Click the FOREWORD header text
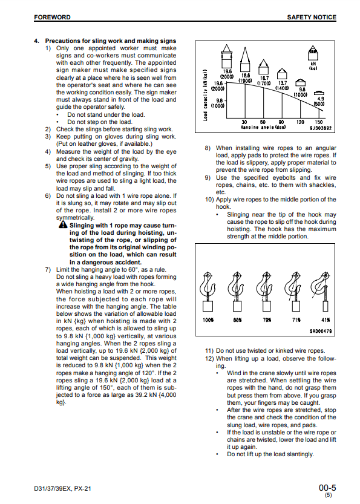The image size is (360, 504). (x=52, y=17)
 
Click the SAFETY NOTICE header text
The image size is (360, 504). (x=312, y=17)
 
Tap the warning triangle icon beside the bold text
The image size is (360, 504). (x=63, y=224)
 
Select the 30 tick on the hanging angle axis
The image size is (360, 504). (x=244, y=122)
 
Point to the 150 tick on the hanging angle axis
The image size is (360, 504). (x=318, y=122)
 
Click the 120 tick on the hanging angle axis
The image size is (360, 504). (x=300, y=122)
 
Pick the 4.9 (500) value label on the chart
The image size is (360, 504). (x=320, y=101)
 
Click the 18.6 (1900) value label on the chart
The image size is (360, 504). (x=245, y=78)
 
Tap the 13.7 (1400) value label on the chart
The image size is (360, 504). (x=282, y=85)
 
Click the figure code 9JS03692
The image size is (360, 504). (x=321, y=128)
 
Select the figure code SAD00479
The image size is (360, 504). (x=321, y=331)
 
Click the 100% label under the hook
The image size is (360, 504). (x=208, y=320)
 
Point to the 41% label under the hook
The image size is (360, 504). (x=326, y=320)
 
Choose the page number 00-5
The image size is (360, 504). (x=327, y=488)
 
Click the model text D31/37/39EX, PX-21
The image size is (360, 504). (x=62, y=489)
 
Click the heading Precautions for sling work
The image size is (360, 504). (x=111, y=41)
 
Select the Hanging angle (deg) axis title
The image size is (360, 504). (x=263, y=127)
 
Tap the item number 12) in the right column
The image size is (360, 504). (x=209, y=358)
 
